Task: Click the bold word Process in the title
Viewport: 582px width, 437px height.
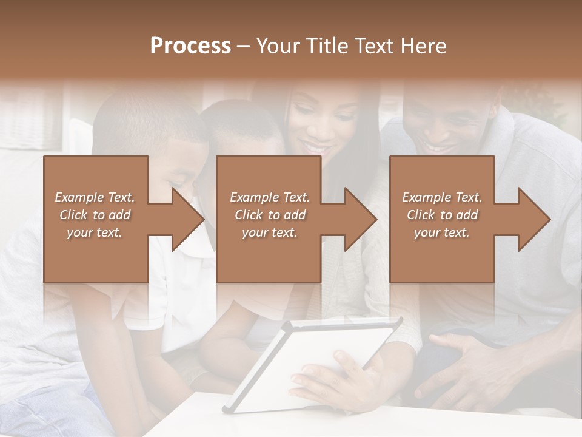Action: tap(190, 46)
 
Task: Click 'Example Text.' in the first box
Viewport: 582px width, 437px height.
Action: tap(95, 197)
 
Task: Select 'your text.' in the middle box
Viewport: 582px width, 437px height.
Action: tap(269, 232)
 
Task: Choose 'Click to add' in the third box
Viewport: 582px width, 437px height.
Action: tap(442, 215)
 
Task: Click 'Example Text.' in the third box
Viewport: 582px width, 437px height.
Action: tap(442, 197)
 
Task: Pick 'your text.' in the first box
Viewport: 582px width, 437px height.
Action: tap(95, 232)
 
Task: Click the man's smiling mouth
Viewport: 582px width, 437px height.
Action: tap(438, 147)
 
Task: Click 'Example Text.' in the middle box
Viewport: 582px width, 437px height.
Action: tap(269, 197)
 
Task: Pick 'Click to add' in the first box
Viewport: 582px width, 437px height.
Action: tap(95, 215)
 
